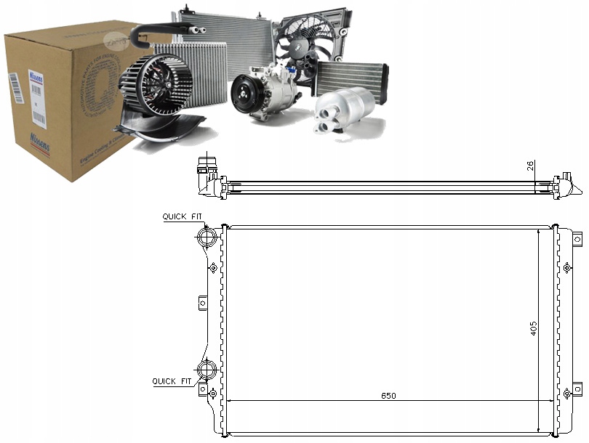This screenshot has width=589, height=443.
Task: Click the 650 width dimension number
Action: tap(389, 396)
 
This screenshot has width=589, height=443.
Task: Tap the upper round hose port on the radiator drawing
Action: tap(207, 237)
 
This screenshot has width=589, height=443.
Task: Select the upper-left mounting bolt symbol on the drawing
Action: tap(213, 268)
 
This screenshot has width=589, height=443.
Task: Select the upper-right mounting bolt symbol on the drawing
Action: tap(567, 268)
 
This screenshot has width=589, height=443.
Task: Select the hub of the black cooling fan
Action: tap(304, 45)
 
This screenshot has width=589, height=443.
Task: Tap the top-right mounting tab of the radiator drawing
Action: tap(578, 237)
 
